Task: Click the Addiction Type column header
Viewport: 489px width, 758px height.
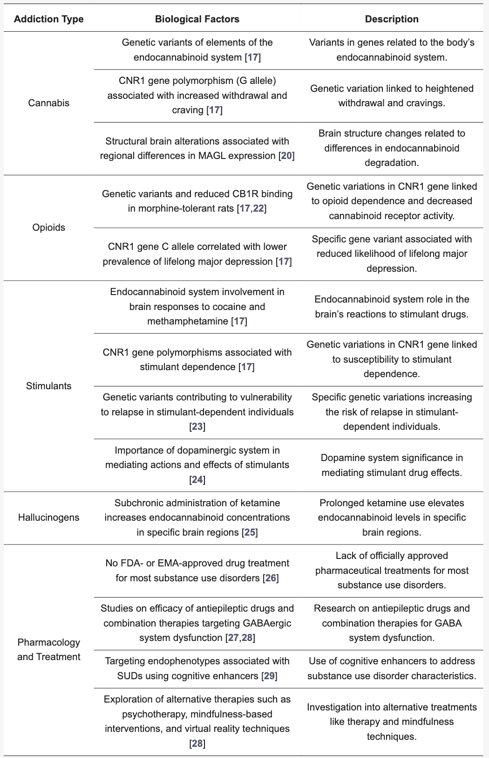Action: tap(48, 19)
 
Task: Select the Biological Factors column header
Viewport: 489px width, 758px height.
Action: tap(197, 19)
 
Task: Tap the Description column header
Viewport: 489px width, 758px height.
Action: tap(392, 19)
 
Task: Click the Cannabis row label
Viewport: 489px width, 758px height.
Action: tap(48, 103)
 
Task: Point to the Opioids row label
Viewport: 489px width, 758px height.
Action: tap(48, 227)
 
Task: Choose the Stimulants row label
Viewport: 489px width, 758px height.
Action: tap(48, 386)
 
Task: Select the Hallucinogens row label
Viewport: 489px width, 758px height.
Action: tap(48, 517)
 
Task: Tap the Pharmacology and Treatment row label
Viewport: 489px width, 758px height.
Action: tap(48, 649)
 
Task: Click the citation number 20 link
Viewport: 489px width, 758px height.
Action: tap(286, 156)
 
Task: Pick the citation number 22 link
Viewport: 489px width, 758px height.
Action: tap(258, 208)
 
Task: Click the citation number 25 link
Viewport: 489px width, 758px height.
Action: tap(250, 532)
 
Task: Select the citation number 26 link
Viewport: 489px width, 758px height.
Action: tap(271, 578)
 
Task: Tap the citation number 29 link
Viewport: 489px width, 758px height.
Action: tap(269, 676)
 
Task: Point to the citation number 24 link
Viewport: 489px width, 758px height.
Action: tap(197, 480)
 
